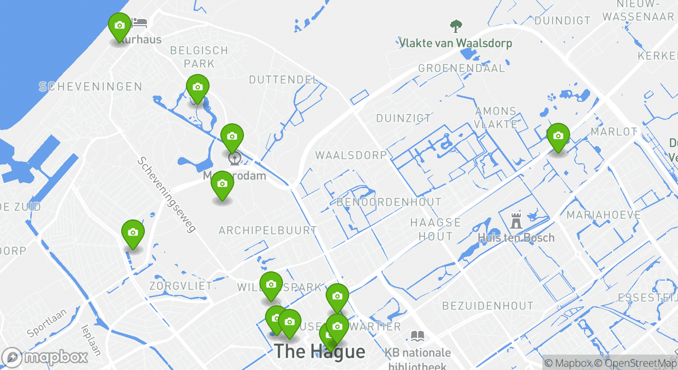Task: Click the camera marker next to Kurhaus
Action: [119, 26]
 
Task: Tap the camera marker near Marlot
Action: [558, 137]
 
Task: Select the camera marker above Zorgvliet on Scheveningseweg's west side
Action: [133, 233]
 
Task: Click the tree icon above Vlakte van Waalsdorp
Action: [456, 26]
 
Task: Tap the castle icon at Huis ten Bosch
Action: [516, 221]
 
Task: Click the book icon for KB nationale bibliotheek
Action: [417, 337]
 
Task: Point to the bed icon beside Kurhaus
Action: [139, 23]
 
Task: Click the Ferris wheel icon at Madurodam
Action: [234, 157]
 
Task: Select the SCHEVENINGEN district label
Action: [90, 86]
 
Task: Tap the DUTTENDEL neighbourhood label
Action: [284, 80]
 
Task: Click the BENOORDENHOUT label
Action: [389, 202]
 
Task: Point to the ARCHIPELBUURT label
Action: [268, 230]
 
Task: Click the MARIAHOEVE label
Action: [604, 215]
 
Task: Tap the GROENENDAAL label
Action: [461, 68]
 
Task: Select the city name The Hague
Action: [319, 351]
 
